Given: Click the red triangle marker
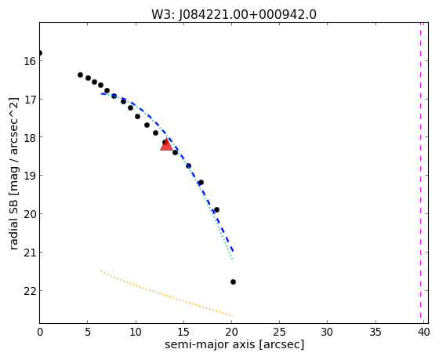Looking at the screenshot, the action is point(166,144).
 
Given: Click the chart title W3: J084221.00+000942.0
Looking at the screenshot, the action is point(234,15).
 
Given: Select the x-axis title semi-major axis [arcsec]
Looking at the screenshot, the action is point(234,344).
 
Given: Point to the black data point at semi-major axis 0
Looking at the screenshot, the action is point(40,53).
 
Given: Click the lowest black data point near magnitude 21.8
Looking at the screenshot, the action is point(234,282).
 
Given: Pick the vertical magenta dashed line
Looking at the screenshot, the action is point(420,170).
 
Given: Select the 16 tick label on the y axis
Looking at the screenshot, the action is point(30,61).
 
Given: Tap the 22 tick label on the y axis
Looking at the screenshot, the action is point(30,291).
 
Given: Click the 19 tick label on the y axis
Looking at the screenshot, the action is point(30,176).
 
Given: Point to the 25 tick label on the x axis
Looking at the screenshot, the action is point(279,333).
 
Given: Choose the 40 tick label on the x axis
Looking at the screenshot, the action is point(423,333).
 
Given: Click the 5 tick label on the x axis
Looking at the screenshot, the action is point(88,333).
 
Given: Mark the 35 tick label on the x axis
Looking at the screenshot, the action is point(376,333).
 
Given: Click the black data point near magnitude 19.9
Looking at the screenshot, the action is point(216,210).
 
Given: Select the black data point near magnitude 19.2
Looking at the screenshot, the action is point(201,183).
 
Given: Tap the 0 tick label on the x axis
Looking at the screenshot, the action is point(40,333).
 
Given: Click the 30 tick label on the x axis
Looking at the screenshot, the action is point(328,333).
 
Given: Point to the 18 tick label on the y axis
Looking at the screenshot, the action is point(30,137).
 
